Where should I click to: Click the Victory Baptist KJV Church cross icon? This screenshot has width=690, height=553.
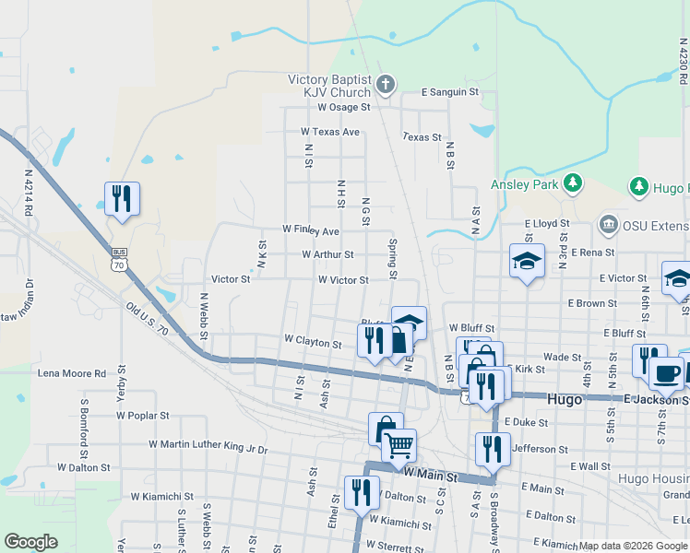pos(387,87)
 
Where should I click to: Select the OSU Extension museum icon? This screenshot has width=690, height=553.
pos(608,224)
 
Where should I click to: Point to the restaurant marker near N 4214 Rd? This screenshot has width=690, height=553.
pos(122,199)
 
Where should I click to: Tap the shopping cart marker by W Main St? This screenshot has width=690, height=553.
pos(399,446)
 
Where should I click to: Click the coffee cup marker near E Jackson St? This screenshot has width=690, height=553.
pos(665,373)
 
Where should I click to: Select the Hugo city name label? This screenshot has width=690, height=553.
pos(565,399)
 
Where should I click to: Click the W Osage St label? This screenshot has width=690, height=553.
pos(343,107)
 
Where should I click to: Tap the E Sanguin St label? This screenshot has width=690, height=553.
pos(450,92)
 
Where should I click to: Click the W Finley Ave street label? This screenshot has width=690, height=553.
pos(311,229)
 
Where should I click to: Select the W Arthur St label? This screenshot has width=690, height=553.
pos(327,254)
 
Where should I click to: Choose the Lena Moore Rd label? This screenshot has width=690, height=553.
pos(71,373)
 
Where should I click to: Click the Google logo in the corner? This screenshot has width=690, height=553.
pos(30,542)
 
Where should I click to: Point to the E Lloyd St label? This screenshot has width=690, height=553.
pos(547,223)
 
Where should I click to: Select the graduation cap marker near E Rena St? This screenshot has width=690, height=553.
pos(527,262)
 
